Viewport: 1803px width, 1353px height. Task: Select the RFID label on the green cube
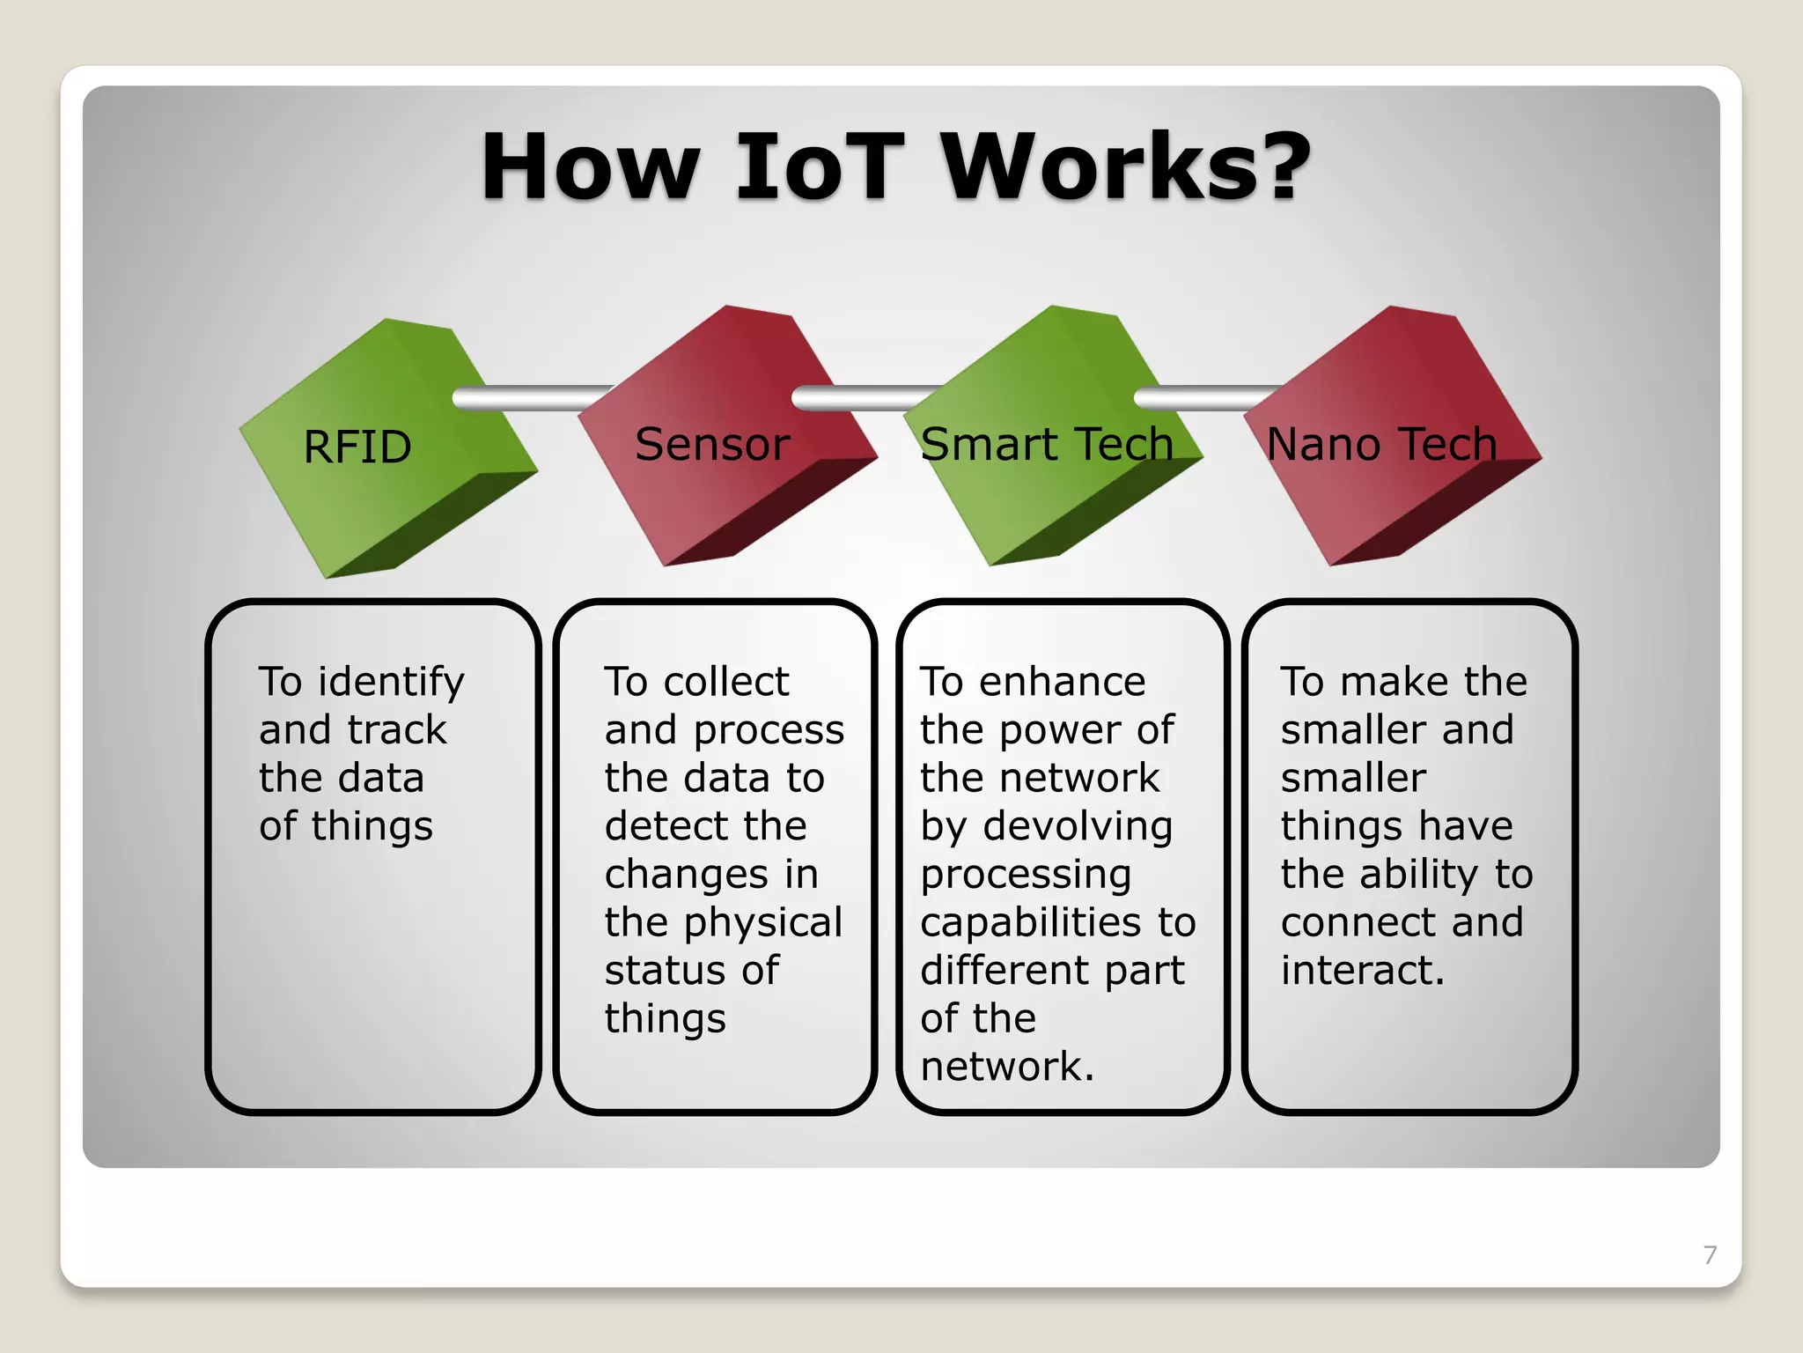(357, 447)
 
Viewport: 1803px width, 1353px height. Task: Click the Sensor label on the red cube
(712, 444)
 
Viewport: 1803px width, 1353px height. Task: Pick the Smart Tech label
(1047, 444)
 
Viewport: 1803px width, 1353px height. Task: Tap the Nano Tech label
(1381, 444)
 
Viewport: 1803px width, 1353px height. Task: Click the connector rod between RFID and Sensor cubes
(528, 398)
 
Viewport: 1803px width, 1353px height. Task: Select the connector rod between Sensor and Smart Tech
(863, 398)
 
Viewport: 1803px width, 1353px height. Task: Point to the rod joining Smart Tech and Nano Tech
(1202, 398)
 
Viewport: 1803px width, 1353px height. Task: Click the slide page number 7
(1710, 1254)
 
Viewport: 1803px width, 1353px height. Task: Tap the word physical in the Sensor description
(763, 923)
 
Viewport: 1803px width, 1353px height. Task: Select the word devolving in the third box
(1078, 826)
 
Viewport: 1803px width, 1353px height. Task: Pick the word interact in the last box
(1361, 971)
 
